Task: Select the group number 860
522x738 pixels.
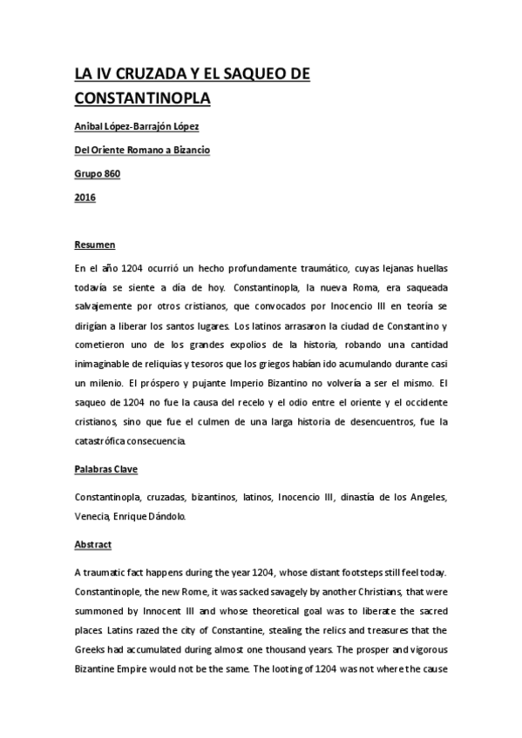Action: pyautogui.click(x=110, y=173)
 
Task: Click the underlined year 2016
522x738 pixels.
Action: pyautogui.click(x=85, y=197)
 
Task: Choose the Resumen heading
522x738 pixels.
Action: pyautogui.click(x=95, y=245)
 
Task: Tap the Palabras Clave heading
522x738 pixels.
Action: pyautogui.click(x=109, y=470)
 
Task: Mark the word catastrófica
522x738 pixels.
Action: pyautogui.click(x=113, y=441)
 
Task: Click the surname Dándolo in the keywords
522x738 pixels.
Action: pyautogui.click(x=166, y=517)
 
